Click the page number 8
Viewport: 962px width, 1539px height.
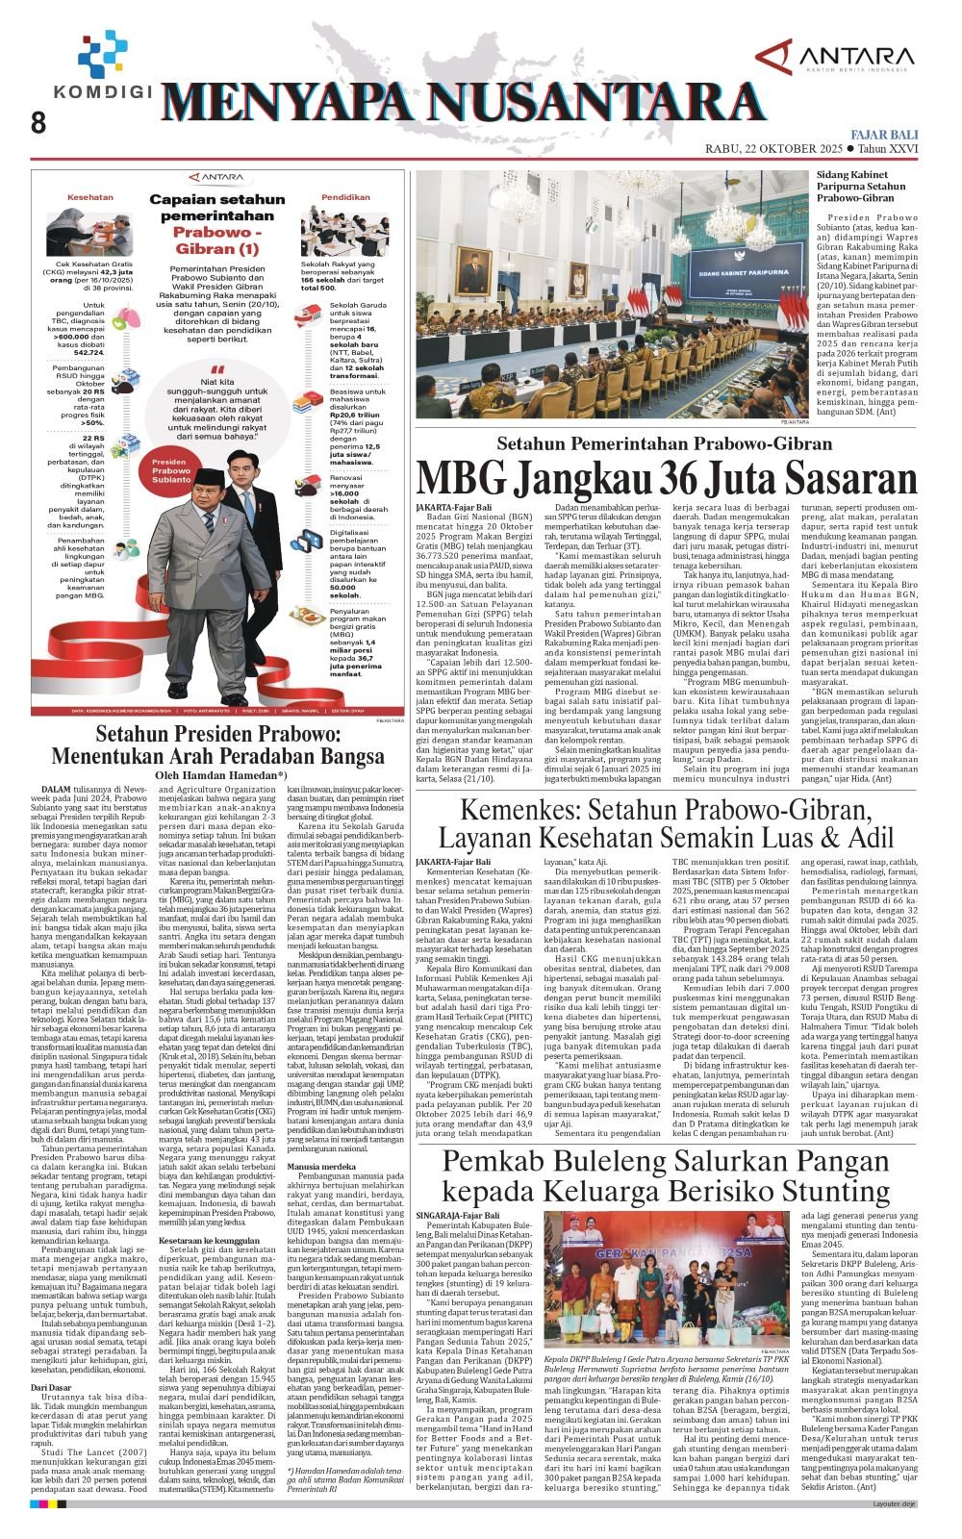point(38,123)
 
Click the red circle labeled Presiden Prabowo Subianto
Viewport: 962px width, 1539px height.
point(171,470)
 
